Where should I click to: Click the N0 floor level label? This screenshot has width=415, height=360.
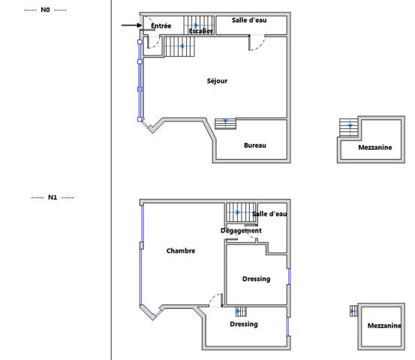(x=45, y=10)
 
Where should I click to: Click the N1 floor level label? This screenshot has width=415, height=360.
(x=53, y=197)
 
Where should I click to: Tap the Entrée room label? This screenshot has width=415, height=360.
(x=161, y=25)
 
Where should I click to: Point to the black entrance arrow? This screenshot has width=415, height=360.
(x=132, y=25)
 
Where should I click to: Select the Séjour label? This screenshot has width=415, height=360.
(x=217, y=81)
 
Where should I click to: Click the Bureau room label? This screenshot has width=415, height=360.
(x=255, y=145)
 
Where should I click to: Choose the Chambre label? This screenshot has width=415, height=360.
(x=181, y=250)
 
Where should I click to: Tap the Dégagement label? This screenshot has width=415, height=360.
(x=241, y=231)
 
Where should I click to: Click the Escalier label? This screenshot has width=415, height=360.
(x=201, y=31)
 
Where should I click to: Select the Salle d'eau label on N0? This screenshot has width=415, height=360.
(x=249, y=20)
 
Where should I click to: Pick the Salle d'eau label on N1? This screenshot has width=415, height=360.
(x=269, y=214)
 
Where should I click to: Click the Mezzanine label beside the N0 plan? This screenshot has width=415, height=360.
(x=375, y=147)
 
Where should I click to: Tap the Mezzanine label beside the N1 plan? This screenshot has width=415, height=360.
(x=384, y=325)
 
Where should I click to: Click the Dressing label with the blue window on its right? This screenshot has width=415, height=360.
(x=256, y=279)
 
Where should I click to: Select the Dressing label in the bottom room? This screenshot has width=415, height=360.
(x=244, y=324)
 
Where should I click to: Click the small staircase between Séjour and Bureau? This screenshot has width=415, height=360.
(x=225, y=124)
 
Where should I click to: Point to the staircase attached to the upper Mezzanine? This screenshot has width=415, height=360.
(x=349, y=127)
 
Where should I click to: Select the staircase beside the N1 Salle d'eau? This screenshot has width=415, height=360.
(x=241, y=212)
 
